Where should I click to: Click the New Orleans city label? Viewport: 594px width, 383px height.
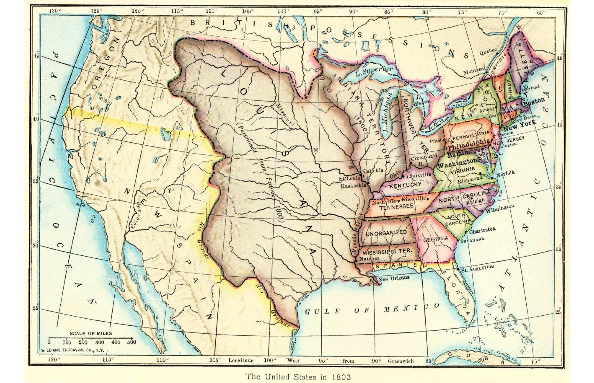(394, 278)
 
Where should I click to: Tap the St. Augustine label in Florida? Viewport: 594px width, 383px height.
(477, 267)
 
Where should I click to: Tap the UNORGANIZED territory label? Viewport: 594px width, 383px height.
(386, 233)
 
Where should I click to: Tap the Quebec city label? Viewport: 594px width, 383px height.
(488, 51)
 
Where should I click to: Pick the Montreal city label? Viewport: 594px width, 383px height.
(475, 70)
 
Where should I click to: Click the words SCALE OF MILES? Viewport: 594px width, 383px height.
(91, 333)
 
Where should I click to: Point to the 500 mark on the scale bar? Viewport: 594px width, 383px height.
(131, 342)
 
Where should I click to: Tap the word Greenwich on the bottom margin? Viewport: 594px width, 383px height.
(400, 361)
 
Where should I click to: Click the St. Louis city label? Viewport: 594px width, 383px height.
(349, 179)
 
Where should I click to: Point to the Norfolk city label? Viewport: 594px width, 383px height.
(506, 173)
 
